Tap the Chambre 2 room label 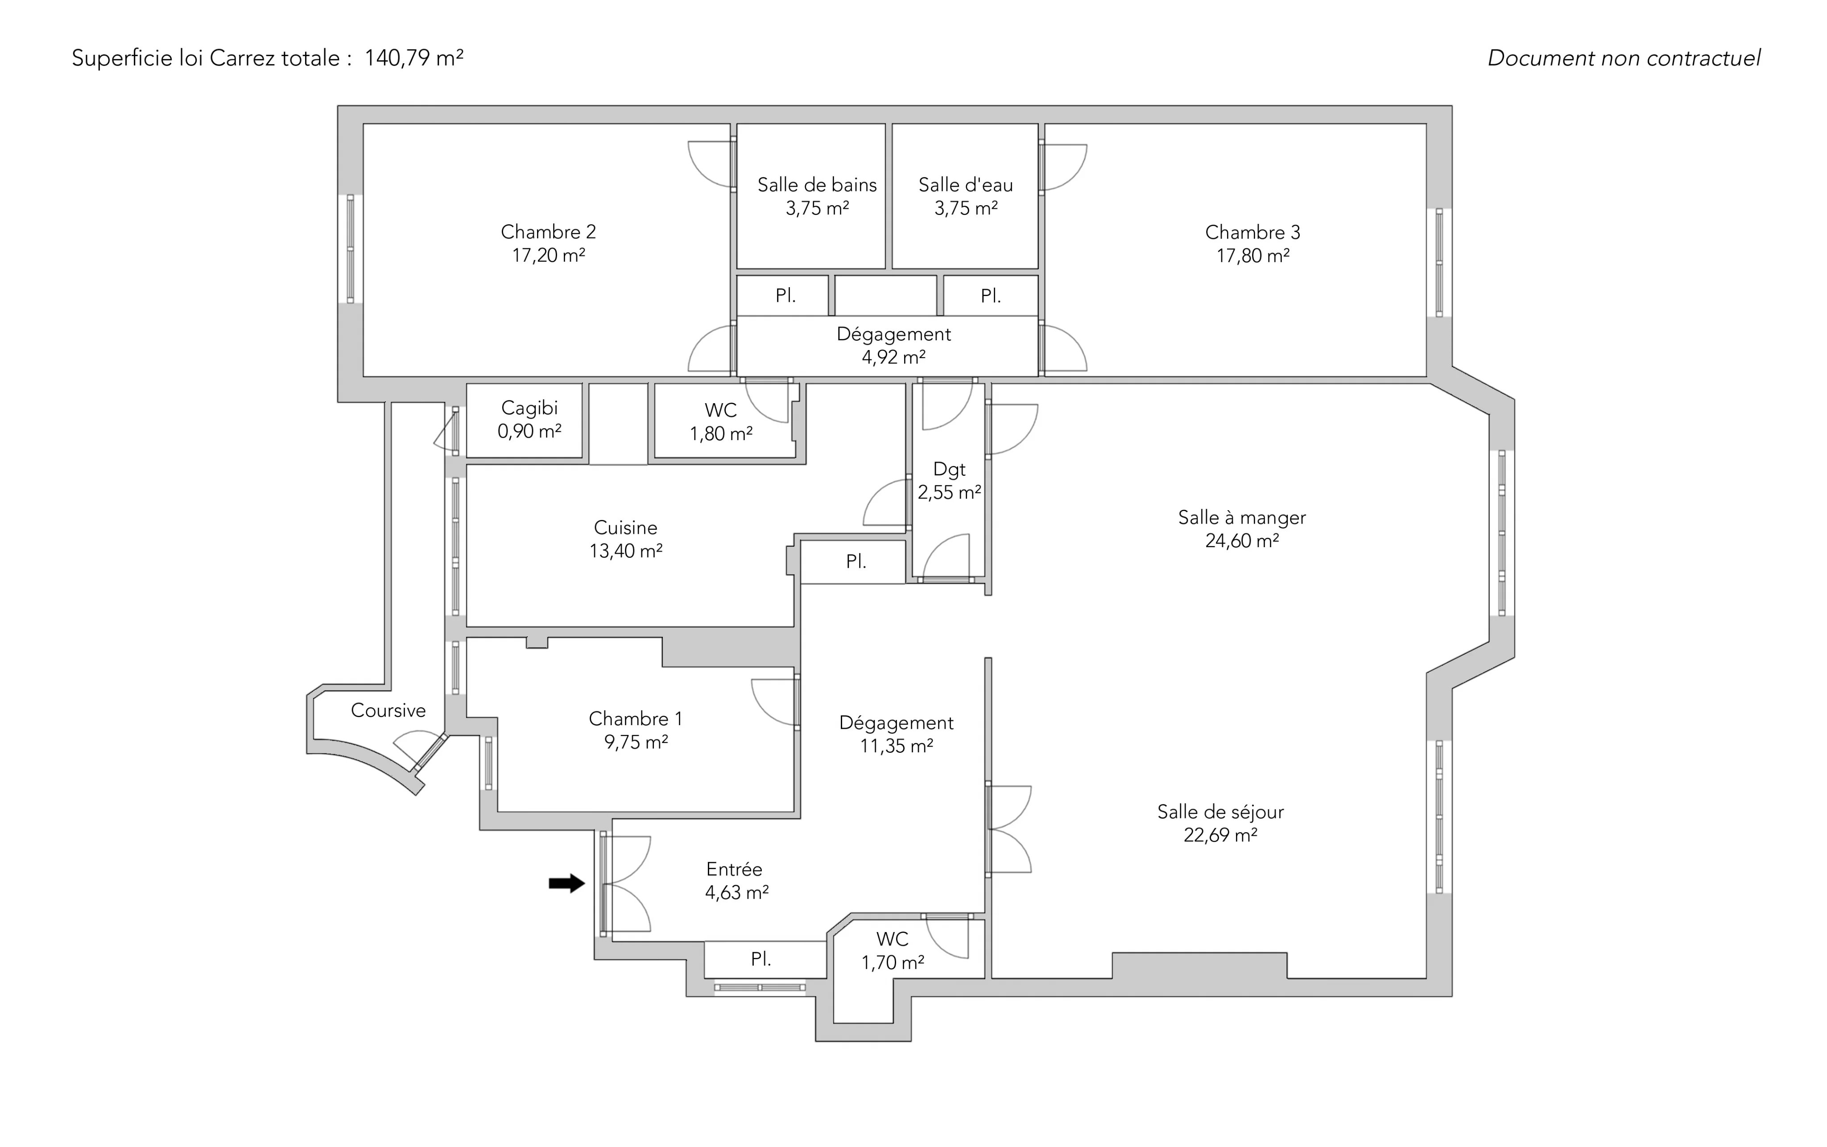pyautogui.click(x=548, y=232)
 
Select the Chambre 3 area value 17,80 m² pyautogui.click(x=1252, y=256)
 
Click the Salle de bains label pyautogui.click(x=816, y=185)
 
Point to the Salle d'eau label pyautogui.click(x=965, y=185)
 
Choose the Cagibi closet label pyautogui.click(x=529, y=408)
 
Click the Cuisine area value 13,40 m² pyautogui.click(x=626, y=551)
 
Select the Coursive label pyautogui.click(x=388, y=711)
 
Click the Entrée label pyautogui.click(x=734, y=869)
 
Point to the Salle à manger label pyautogui.click(x=1241, y=518)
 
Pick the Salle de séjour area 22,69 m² pyautogui.click(x=1220, y=835)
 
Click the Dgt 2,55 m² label pyautogui.click(x=949, y=481)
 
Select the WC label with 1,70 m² pyautogui.click(x=892, y=950)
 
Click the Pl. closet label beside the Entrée pyautogui.click(x=761, y=960)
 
